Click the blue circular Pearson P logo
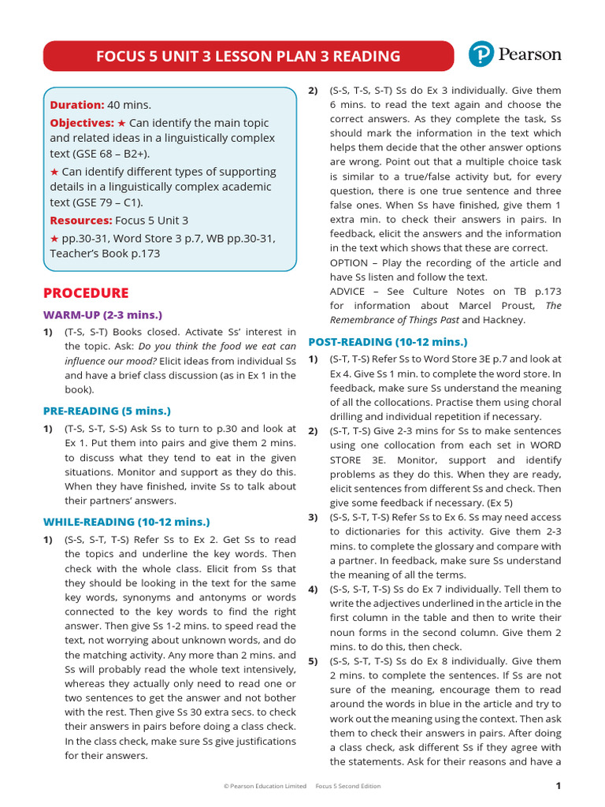(x=481, y=54)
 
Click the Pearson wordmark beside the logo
(x=529, y=54)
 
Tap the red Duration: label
(x=77, y=105)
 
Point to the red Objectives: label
(x=82, y=123)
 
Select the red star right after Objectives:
(x=121, y=123)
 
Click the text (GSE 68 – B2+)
(x=103, y=153)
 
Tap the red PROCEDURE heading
(x=86, y=293)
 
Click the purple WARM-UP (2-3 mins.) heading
(x=102, y=314)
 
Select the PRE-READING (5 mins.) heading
(x=106, y=411)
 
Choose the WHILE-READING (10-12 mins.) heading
(x=127, y=522)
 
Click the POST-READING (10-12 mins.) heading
(x=388, y=342)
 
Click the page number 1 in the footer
(x=558, y=786)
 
